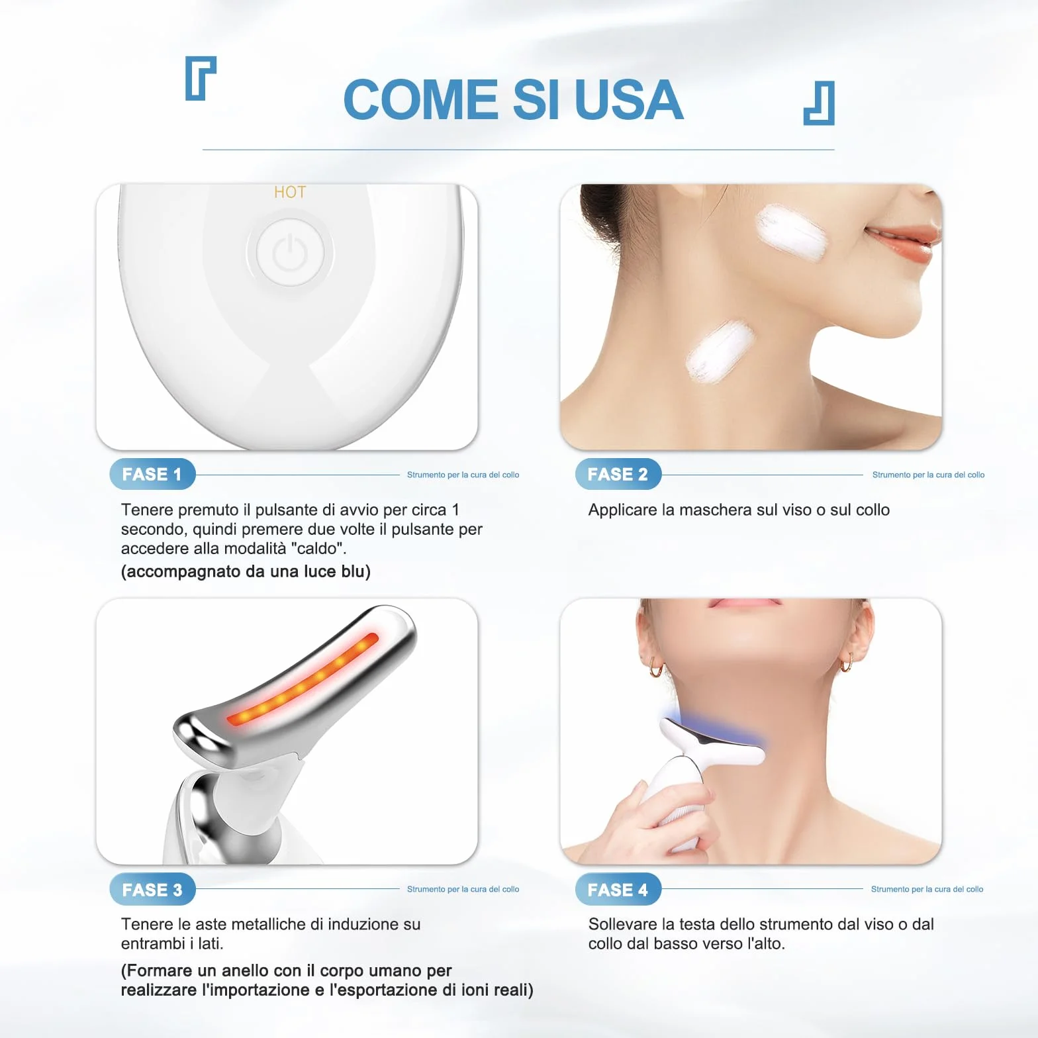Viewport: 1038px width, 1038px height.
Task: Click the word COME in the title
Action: tap(421, 99)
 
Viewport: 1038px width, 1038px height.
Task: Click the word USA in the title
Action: tap(629, 99)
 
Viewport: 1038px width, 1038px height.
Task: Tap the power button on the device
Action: tap(290, 253)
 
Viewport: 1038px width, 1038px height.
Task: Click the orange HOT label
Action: tap(290, 192)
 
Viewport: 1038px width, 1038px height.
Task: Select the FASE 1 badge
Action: tap(152, 474)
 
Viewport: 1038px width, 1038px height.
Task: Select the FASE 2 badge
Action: tap(618, 474)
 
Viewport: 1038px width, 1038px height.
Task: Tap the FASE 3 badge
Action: tap(152, 889)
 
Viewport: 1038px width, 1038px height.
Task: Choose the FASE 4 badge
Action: tap(618, 889)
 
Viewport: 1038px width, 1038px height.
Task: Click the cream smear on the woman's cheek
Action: tap(791, 232)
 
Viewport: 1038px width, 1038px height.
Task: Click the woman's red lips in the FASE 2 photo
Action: tap(902, 242)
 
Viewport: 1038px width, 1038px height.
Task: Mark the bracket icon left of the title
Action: tap(201, 78)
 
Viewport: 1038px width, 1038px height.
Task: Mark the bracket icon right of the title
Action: tap(820, 103)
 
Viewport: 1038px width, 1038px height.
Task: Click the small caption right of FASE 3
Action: tap(463, 889)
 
